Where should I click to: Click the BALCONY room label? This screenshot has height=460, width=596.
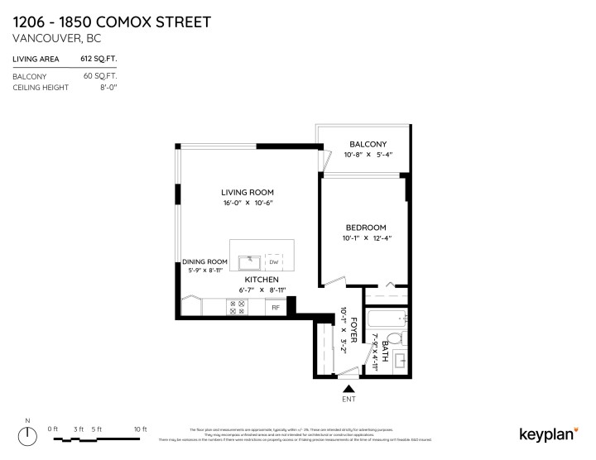click(x=368, y=144)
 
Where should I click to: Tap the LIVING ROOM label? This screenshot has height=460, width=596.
click(x=247, y=192)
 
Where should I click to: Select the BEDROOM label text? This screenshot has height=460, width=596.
click(x=366, y=228)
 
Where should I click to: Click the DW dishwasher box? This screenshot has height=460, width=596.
click(x=274, y=262)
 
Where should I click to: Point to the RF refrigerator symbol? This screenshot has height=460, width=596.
click(x=276, y=308)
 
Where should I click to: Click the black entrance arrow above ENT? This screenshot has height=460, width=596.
click(x=348, y=387)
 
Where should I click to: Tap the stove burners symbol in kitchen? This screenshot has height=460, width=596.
click(x=236, y=308)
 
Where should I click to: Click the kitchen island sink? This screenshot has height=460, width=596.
click(x=250, y=262)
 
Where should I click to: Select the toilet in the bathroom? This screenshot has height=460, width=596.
click(x=396, y=338)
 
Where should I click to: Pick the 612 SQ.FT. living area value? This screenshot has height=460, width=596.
click(x=98, y=59)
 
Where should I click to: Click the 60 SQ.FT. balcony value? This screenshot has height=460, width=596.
click(x=99, y=76)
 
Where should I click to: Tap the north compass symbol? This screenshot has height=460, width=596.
click(x=27, y=434)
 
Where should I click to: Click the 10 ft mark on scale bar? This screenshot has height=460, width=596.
click(x=141, y=429)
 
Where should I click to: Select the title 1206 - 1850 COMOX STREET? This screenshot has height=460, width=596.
click(x=111, y=21)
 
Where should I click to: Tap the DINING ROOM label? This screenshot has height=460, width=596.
click(x=204, y=261)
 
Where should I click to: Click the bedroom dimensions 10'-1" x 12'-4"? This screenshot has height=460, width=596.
click(x=367, y=238)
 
